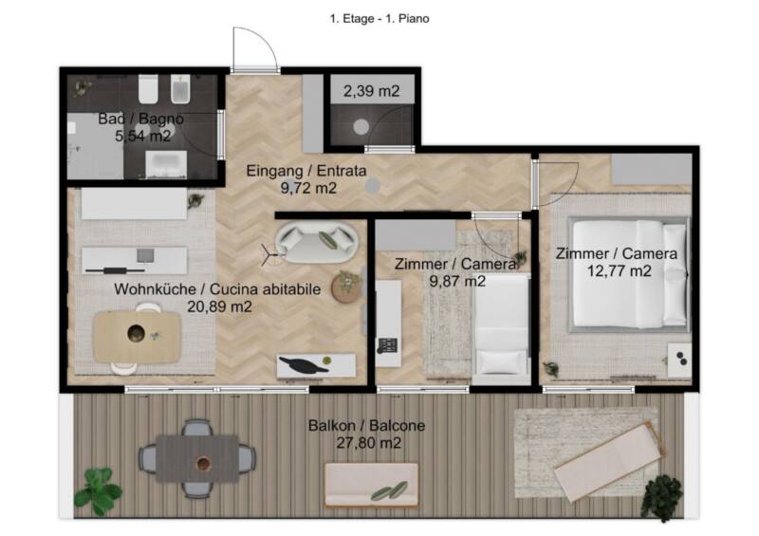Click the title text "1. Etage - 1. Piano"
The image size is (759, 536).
379,19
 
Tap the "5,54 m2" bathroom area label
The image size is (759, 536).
143,136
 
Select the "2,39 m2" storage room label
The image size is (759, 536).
372,91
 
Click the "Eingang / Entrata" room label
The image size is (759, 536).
306,171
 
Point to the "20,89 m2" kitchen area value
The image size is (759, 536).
219,306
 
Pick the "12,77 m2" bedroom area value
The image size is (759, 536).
620,271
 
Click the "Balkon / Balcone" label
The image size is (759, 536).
366,426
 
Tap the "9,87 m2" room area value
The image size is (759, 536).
457,282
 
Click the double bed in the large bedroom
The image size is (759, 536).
629,274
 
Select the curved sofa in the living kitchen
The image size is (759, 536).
317,242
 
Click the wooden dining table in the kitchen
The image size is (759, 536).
138,337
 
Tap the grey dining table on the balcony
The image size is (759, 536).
197,458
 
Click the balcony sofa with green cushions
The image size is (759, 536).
371,485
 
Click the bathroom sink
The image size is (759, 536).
166,164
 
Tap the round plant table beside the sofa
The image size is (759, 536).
346,287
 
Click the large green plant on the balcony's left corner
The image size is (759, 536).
99,491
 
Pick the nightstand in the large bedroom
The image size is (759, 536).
679,360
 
